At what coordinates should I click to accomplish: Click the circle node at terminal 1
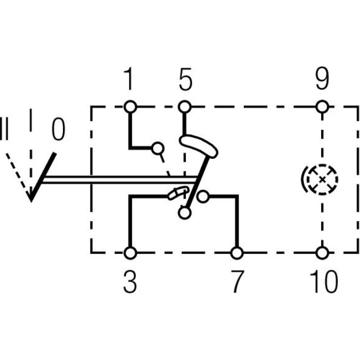click(x=130, y=107)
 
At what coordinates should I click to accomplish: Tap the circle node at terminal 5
click(x=185, y=107)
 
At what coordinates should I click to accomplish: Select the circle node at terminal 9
click(x=323, y=107)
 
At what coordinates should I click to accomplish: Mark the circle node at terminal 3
click(x=130, y=253)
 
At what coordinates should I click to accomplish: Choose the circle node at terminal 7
click(x=237, y=253)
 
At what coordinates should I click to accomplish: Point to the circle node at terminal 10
click(x=323, y=253)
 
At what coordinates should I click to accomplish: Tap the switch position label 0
click(x=58, y=130)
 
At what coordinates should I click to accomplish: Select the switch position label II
click(x=4, y=128)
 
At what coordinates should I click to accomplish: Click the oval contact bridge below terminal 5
click(x=198, y=147)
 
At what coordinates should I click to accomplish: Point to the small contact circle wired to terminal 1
click(x=157, y=148)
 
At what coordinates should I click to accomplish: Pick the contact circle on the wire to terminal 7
click(x=203, y=197)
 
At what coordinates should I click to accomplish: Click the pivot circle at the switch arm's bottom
click(x=184, y=213)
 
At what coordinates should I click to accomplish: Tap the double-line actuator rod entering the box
click(x=119, y=180)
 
